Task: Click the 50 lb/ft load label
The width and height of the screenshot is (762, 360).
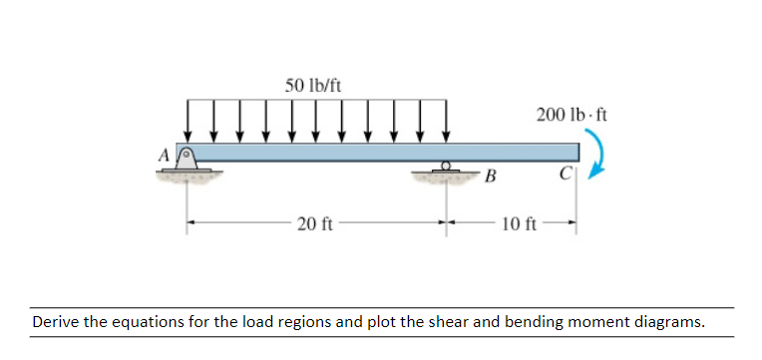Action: (312, 85)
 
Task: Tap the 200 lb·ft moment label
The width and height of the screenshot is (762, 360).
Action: (571, 114)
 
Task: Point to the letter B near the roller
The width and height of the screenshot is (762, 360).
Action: (489, 179)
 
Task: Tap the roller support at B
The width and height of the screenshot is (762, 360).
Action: (448, 171)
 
